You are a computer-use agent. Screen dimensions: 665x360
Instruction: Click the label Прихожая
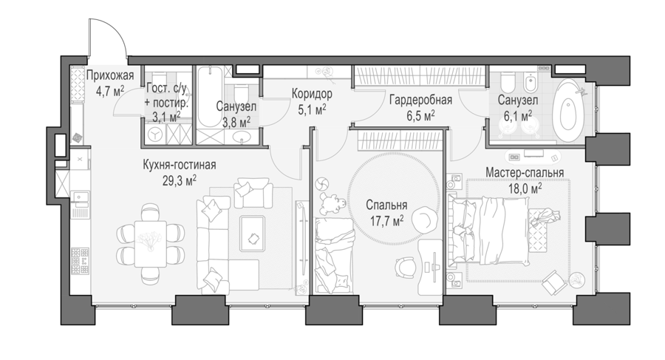(x=110, y=76)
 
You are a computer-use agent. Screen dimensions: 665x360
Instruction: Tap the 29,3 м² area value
(x=179, y=180)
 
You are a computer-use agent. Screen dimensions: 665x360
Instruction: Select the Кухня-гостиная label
(x=180, y=165)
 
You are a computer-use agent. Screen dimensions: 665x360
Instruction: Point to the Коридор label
(x=312, y=94)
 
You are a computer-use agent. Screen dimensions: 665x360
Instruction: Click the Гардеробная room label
(x=420, y=101)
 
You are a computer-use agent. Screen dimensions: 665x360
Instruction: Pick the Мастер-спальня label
(x=525, y=173)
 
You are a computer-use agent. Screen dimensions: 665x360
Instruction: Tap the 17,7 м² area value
(x=385, y=220)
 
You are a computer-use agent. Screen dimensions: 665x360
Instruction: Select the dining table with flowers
(x=150, y=244)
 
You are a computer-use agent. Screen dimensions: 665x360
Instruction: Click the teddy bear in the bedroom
(x=330, y=203)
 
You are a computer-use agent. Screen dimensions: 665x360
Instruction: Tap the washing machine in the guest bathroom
(x=156, y=135)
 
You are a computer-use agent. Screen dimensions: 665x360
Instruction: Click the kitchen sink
(x=80, y=197)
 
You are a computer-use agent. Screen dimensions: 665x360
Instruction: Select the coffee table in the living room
(x=253, y=234)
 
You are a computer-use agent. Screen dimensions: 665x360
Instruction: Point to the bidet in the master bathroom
(x=531, y=84)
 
